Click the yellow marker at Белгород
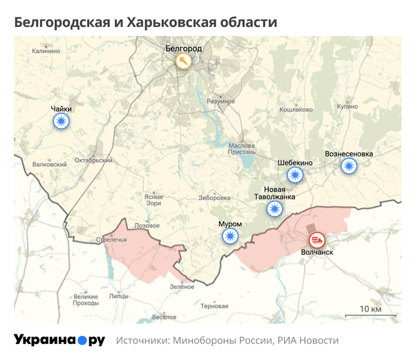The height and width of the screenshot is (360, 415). coord(183,62)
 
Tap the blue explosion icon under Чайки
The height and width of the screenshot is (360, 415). coord(62,122)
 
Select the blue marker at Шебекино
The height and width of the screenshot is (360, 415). coord(295,175)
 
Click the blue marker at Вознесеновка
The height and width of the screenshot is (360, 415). coord(349,165)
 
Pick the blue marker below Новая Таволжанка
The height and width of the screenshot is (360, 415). coord(275,210)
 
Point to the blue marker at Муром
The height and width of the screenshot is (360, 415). coord(230,237)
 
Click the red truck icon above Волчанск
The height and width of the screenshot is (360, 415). coord(317,240)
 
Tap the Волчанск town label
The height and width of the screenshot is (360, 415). coord(317,253)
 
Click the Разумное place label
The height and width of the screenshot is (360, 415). coord(221,101)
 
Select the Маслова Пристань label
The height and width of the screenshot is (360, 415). coord(242,150)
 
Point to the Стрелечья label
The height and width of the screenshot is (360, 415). coord(111,240)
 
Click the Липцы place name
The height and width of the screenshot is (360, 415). coord(119,296)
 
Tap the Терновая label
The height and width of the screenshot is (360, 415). coord(214,305)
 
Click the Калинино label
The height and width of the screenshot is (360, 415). coord(46,51)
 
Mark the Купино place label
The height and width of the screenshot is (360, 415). coord(347,107)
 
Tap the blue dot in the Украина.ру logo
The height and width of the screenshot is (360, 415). coord(82,340)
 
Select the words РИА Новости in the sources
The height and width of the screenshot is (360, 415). coord(308,341)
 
